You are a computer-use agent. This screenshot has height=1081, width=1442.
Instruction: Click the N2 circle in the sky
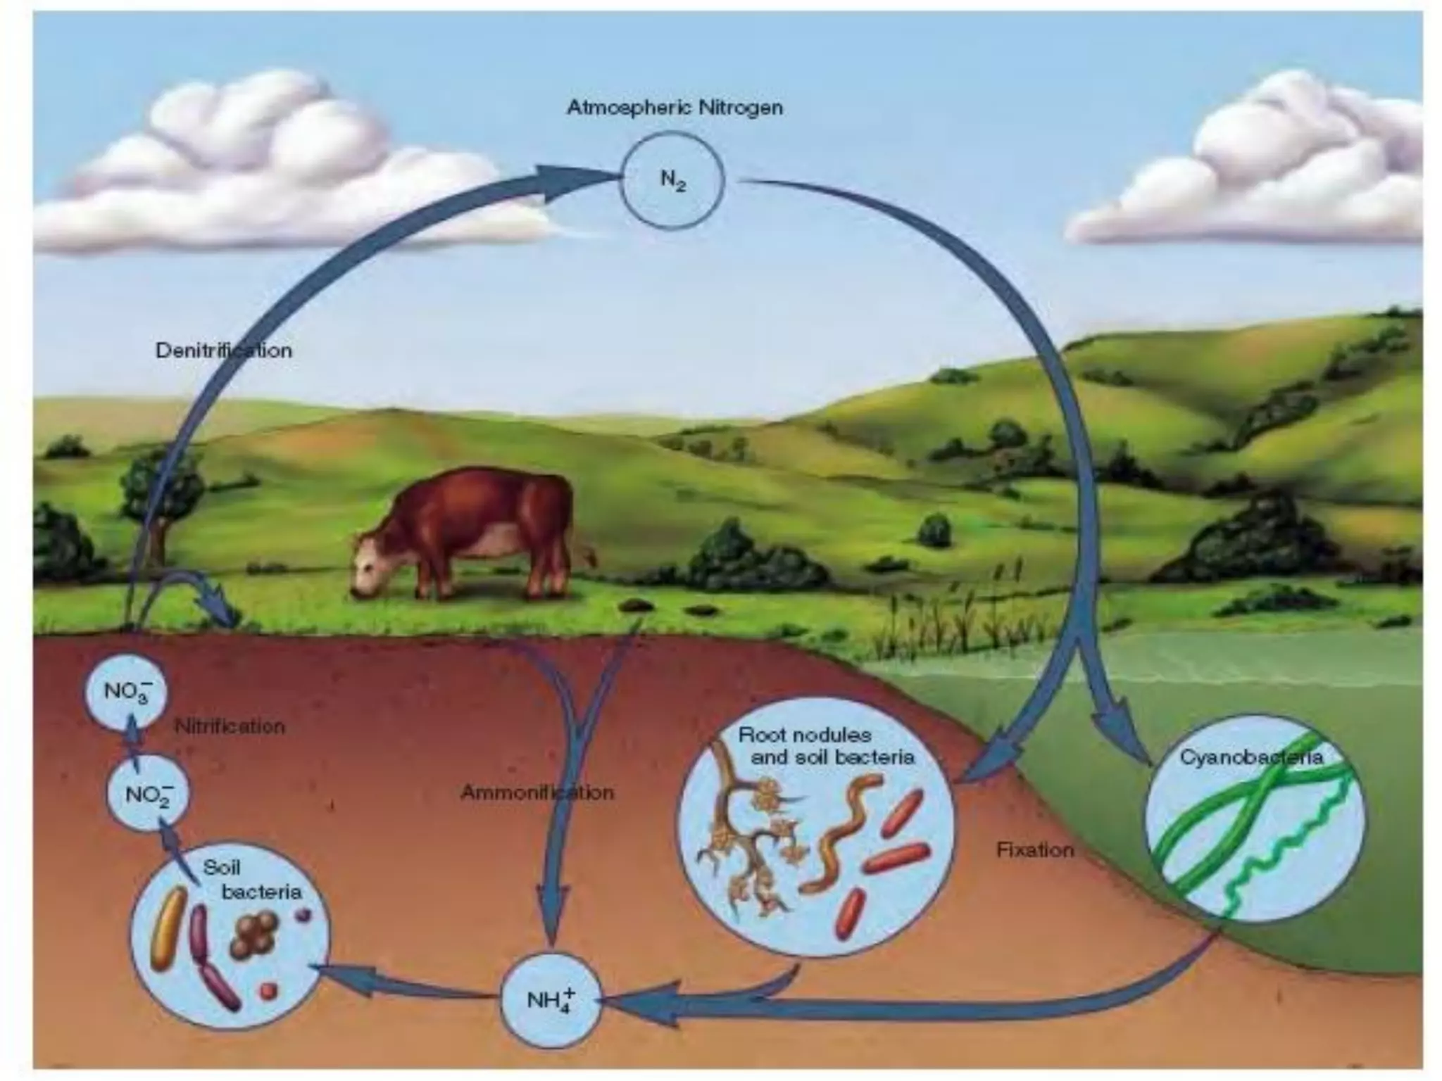click(672, 180)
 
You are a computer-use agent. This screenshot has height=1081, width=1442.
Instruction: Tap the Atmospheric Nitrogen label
click(675, 108)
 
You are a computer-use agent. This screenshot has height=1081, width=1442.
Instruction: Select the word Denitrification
click(223, 350)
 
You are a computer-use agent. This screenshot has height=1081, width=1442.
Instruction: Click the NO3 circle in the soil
click(125, 690)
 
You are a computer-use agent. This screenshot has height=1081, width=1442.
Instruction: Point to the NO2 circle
click(147, 794)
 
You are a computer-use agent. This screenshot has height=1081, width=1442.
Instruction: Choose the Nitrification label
click(230, 726)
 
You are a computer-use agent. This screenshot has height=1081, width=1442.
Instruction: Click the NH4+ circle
click(550, 999)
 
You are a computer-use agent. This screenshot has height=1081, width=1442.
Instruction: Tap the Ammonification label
click(537, 792)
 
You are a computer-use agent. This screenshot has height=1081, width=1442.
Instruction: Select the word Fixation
click(1035, 850)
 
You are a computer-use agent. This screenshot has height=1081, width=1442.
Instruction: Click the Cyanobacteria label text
click(1251, 757)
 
